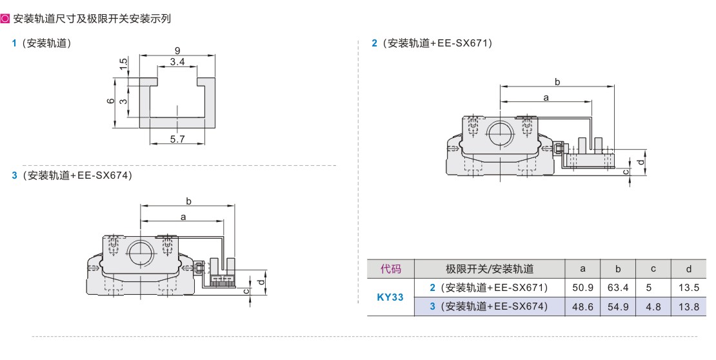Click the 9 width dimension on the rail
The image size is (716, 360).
pyautogui.click(x=177, y=51)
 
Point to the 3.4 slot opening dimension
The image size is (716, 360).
pyautogui.click(x=177, y=62)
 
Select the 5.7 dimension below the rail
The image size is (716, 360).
pyautogui.click(x=177, y=139)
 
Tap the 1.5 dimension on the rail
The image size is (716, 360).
pyautogui.click(x=123, y=63)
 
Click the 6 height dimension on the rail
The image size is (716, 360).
pyautogui.click(x=110, y=101)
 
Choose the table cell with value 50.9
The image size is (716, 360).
pyautogui.click(x=582, y=288)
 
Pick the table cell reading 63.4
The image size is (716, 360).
pyautogui.click(x=618, y=288)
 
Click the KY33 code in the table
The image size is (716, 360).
pyautogui.click(x=390, y=297)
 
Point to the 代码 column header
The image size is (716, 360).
pyautogui.click(x=391, y=268)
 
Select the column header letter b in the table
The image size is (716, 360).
pyautogui.click(x=618, y=268)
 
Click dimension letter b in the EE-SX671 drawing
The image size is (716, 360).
pyautogui.click(x=557, y=82)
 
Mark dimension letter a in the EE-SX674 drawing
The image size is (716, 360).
pyautogui.click(x=183, y=217)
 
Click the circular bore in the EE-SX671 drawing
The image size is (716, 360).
pyautogui.click(x=500, y=134)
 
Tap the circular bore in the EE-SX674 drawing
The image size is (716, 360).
pyautogui.click(x=140, y=253)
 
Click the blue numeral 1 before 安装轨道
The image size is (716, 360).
pyautogui.click(x=14, y=43)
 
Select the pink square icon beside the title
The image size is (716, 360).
pyautogui.click(x=5, y=19)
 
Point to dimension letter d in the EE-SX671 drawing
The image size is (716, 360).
pyautogui.click(x=641, y=162)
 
